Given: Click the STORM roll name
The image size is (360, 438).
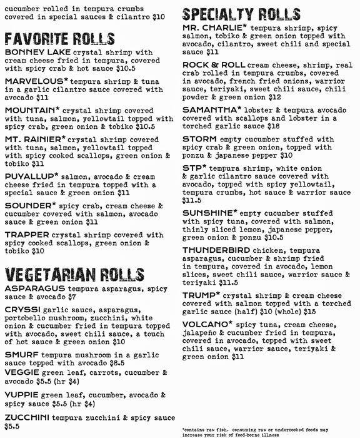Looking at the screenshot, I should click(197, 140).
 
